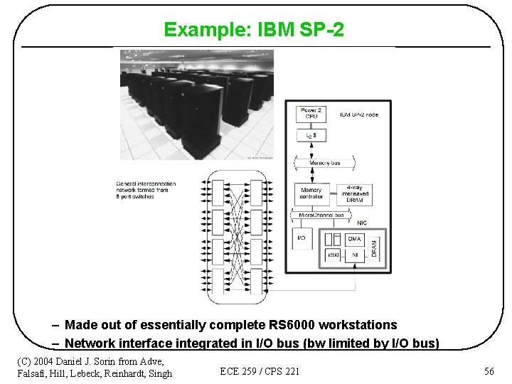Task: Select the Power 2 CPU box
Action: (x=310, y=114)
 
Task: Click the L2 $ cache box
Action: (x=310, y=135)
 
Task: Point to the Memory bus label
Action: (x=325, y=164)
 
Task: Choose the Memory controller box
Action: (x=311, y=193)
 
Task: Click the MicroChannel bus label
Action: (x=321, y=215)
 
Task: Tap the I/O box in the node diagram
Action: (x=302, y=238)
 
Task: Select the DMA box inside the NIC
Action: (x=354, y=239)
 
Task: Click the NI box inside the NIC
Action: (x=354, y=254)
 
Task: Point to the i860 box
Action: (x=332, y=254)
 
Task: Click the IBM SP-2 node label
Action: (x=358, y=114)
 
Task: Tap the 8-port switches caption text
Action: (x=139, y=195)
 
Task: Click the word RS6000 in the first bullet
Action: (x=294, y=325)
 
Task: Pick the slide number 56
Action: (x=489, y=371)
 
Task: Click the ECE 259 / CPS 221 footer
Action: (x=260, y=371)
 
